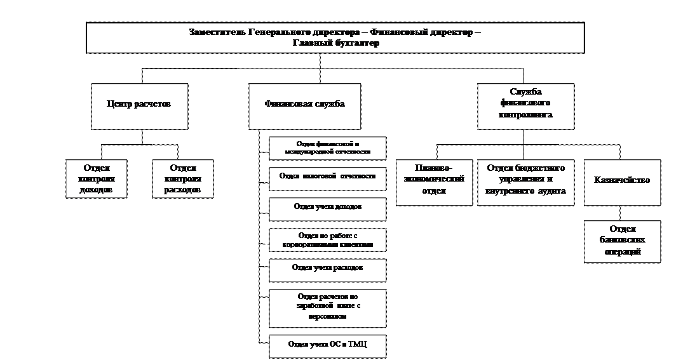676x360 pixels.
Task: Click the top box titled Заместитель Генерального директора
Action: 335,37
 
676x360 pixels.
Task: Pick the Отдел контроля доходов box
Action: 97,178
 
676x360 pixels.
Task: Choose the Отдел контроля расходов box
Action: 183,178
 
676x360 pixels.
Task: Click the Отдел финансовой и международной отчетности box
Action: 327,148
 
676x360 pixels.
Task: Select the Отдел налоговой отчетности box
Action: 327,178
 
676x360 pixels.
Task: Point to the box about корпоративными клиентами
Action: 327,239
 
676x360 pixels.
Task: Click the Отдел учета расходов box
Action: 327,270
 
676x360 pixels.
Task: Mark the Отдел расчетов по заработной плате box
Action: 327,307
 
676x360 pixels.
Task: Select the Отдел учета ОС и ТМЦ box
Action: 327,345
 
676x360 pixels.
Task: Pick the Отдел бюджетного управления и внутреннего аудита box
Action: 525,182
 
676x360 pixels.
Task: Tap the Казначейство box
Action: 622,182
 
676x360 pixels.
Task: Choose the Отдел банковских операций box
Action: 622,241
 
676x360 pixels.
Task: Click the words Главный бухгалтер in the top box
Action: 335,43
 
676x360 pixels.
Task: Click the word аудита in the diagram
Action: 551,190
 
